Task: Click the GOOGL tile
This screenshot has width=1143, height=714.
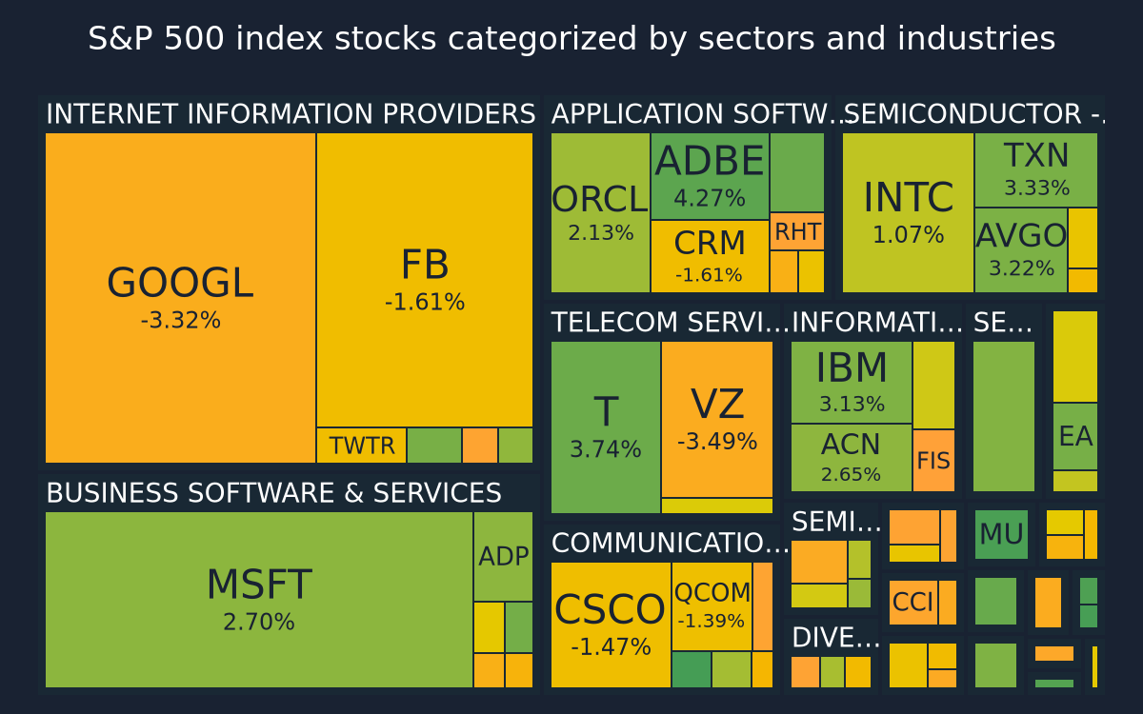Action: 181,298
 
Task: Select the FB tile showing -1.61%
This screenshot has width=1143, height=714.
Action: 425,280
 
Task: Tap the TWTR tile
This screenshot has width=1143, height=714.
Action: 362,446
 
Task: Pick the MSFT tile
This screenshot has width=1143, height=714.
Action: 259,600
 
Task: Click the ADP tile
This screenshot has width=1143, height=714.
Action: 503,556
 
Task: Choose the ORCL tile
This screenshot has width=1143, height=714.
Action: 601,212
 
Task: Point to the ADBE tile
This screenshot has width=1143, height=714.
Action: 710,176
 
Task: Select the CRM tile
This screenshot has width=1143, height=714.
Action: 710,256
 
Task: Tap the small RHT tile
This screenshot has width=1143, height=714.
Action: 797,231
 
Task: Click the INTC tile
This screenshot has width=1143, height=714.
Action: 909,212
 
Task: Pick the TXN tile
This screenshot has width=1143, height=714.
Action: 1036,170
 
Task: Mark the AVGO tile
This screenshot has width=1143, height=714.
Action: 1021,249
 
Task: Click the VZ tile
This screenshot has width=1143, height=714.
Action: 717,419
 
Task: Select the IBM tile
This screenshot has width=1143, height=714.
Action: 852,382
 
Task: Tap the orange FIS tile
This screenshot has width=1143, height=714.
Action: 933,461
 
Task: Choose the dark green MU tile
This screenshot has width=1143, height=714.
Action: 1001,534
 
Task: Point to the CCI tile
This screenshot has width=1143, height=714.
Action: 913,603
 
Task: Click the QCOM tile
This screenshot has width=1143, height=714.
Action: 712,606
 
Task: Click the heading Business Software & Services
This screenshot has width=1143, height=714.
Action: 274,493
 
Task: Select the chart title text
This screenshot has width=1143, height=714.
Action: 571,38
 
